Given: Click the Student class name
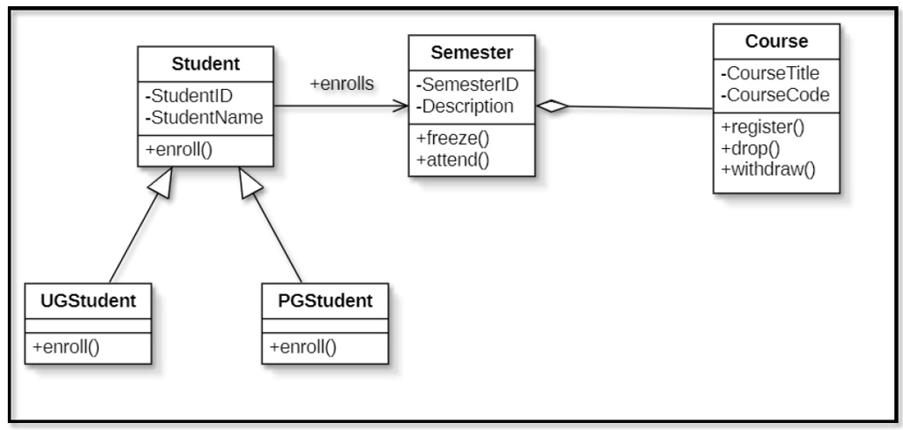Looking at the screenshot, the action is (x=205, y=64).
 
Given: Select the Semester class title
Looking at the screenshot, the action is (x=472, y=52).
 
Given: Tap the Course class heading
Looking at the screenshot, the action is (x=776, y=41).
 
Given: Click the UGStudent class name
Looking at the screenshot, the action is (x=88, y=300).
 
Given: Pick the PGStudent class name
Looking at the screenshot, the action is (x=325, y=300).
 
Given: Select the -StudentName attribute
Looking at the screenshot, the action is (x=205, y=117).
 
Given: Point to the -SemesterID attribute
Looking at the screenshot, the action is (x=467, y=85).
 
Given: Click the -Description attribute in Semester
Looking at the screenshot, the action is (x=464, y=107).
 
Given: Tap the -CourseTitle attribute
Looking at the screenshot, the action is (x=770, y=73).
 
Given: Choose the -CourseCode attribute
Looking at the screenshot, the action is (x=775, y=95).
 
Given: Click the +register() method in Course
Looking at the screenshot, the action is (x=763, y=127).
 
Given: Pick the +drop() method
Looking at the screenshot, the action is (x=750, y=149).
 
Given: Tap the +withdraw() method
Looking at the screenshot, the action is (x=768, y=170).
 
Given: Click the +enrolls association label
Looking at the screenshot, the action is (x=342, y=84).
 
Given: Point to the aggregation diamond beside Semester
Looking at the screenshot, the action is (x=552, y=106).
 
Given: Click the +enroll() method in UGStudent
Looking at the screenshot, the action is (x=65, y=348).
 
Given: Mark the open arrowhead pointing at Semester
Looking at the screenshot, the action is (x=401, y=106).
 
